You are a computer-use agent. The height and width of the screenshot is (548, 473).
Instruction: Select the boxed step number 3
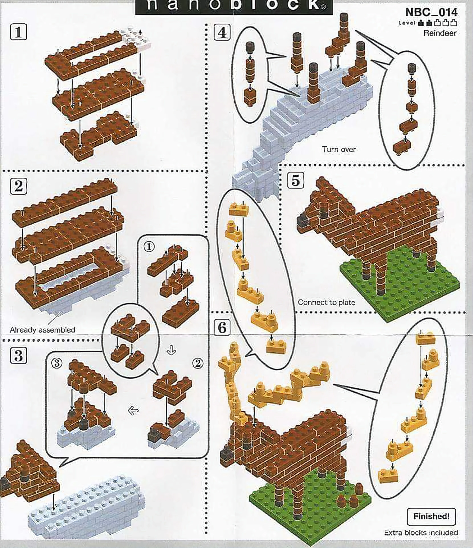[x=19, y=355]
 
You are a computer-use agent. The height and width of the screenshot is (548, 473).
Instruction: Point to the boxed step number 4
[x=222, y=32]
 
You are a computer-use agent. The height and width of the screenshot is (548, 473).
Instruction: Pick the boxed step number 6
[x=222, y=327]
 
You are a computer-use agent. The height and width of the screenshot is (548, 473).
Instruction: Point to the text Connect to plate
[x=326, y=302]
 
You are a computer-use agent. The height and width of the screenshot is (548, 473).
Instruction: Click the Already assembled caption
[x=42, y=330]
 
